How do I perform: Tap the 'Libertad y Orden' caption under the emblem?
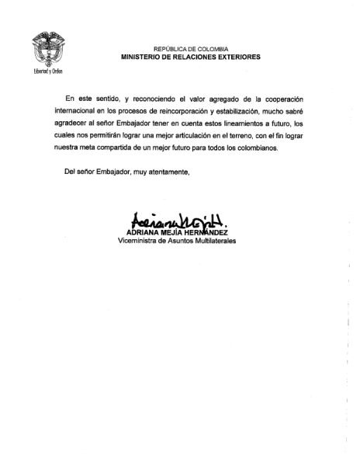(47, 71)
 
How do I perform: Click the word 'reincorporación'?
(196, 113)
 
